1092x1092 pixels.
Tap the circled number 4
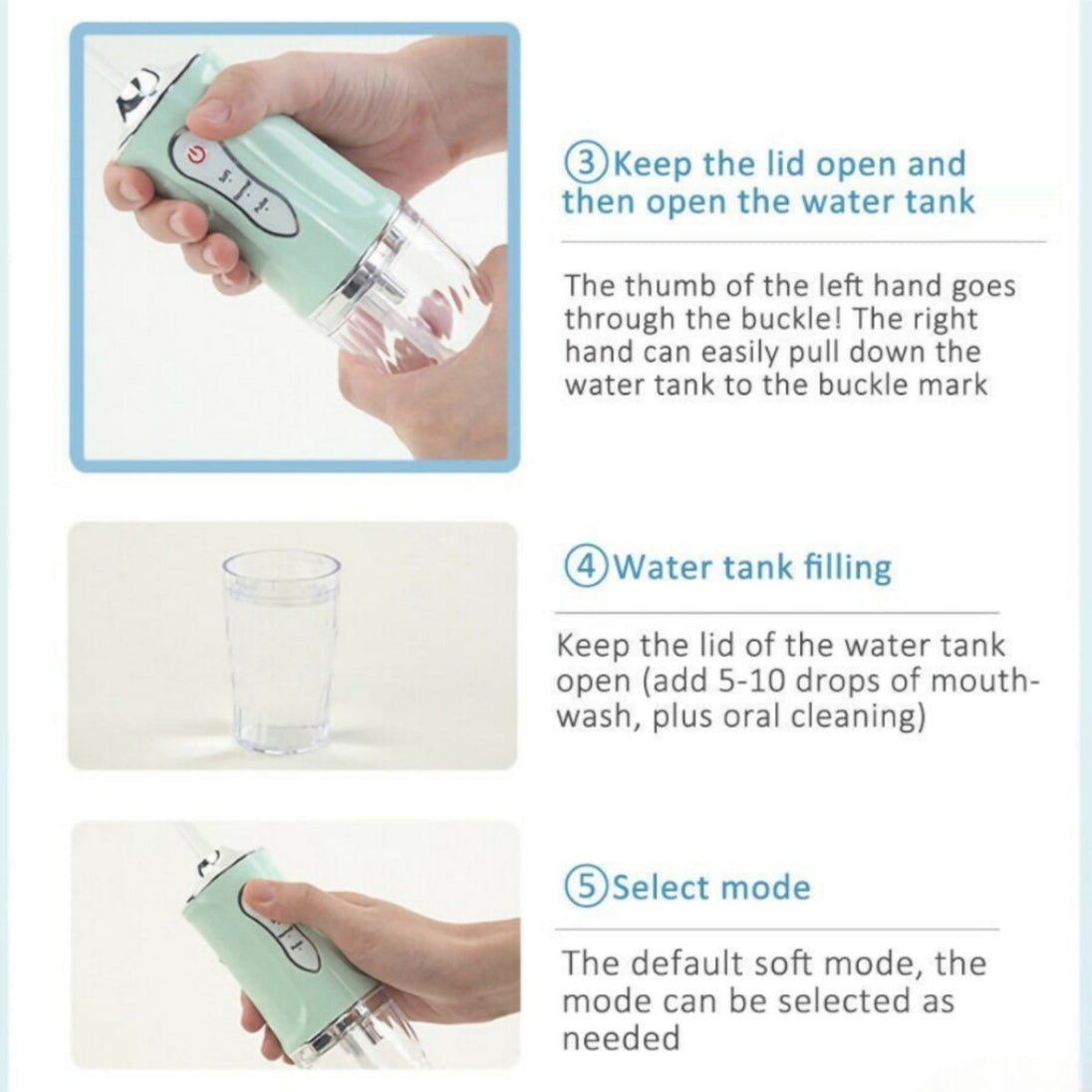[587, 567]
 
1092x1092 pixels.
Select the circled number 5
[587, 887]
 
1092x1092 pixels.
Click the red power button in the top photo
[196, 153]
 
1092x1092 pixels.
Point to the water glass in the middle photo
[281, 652]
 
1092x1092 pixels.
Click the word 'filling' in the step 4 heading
[848, 567]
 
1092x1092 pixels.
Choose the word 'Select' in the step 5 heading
[661, 887]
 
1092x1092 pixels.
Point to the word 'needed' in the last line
[621, 1037]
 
